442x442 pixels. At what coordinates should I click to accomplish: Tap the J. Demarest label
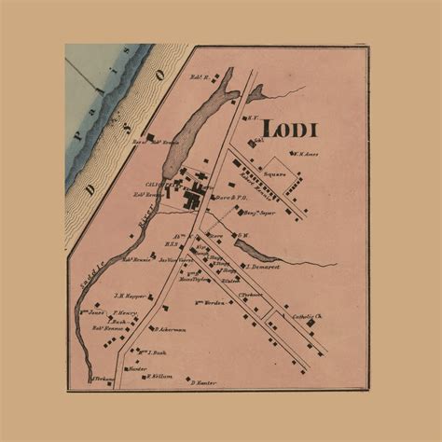point(264,267)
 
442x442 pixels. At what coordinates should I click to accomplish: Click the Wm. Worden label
point(211,302)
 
